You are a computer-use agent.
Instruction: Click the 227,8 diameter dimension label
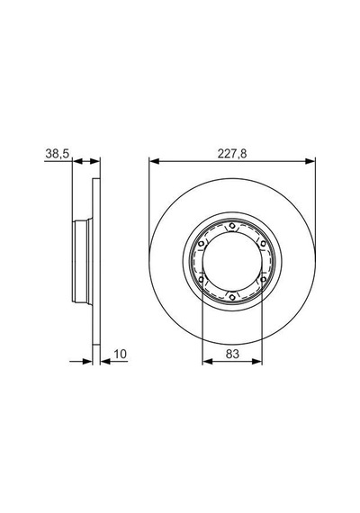(x=232, y=153)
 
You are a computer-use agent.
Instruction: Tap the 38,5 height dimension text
(x=58, y=153)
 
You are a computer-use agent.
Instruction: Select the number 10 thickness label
(x=120, y=354)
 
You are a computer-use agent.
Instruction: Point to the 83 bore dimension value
(x=232, y=354)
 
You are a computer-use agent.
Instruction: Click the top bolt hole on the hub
(x=232, y=226)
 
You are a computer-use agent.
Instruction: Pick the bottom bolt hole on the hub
(x=232, y=297)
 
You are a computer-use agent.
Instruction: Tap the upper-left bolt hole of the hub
(x=202, y=243)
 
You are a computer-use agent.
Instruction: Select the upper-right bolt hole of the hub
(x=263, y=243)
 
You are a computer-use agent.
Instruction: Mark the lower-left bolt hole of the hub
(x=202, y=279)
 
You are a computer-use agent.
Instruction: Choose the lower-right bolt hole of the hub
(x=263, y=279)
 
